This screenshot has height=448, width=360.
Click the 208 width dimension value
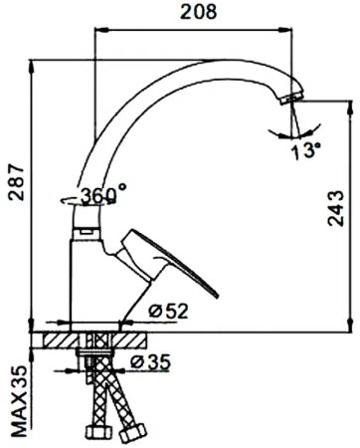199,12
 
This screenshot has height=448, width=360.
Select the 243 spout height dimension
336,208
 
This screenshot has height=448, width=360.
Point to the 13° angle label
306,150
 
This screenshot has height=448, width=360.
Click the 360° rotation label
103,194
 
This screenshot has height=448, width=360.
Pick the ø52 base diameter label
168,311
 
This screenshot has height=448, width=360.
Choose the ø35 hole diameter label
150,362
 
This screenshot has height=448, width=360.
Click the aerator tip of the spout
291,99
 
